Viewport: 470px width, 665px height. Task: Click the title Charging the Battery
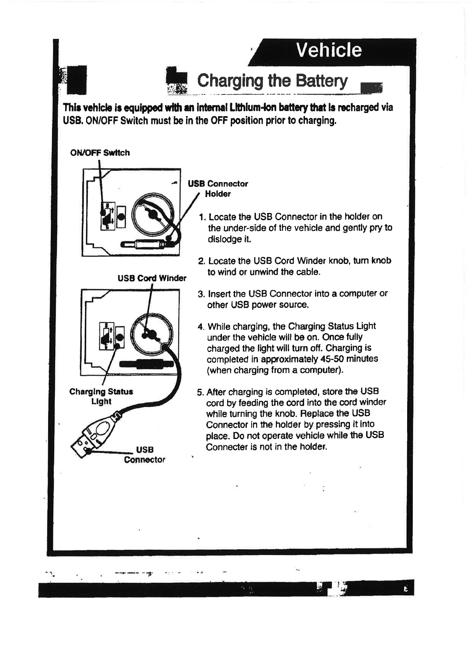click(272, 81)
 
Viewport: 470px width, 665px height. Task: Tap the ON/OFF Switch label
click(100, 153)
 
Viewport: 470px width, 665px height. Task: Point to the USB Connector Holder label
click(218, 188)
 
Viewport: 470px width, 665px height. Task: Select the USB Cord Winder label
click(152, 278)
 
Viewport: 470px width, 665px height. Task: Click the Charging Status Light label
click(101, 396)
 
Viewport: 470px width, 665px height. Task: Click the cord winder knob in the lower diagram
click(149, 334)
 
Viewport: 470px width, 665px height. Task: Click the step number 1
click(202, 217)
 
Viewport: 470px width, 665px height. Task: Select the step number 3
click(201, 294)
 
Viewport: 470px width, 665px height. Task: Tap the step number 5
click(200, 392)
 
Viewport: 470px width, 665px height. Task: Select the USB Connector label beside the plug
click(145, 454)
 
